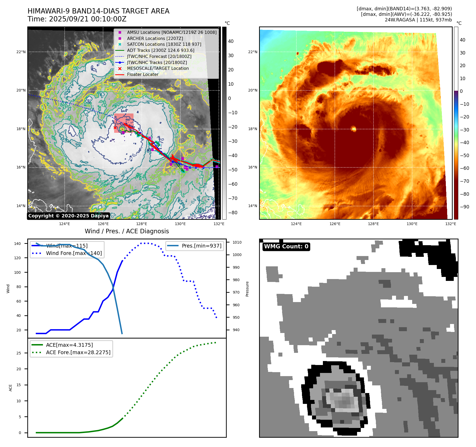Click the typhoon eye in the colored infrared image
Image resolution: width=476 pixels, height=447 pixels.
point(354,129)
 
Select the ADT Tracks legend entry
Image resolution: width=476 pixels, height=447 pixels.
point(161,50)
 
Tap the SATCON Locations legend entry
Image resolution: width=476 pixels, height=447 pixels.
point(164,44)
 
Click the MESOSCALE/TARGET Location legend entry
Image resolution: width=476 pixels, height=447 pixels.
point(158,68)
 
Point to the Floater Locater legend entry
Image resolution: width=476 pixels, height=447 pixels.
point(143,74)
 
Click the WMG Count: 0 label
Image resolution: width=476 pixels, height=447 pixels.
point(286,247)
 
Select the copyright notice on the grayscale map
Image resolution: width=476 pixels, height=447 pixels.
point(68,216)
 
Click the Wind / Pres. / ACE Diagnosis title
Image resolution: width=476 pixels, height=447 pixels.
point(127,231)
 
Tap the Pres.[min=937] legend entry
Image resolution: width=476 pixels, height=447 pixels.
point(201,246)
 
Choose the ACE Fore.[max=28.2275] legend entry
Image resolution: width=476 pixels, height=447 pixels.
point(78,352)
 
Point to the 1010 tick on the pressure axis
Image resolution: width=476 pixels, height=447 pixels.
point(237,242)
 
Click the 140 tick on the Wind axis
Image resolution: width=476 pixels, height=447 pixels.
point(17,244)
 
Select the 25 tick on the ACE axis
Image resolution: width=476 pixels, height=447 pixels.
point(19,353)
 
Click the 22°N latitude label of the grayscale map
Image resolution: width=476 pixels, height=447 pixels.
point(21,52)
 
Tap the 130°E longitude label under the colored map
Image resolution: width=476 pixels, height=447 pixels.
point(412,224)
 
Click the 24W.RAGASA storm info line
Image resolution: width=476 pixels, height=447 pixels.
point(418,20)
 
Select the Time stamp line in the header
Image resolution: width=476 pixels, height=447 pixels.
point(77,19)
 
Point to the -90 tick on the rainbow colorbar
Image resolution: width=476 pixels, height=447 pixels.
point(464,207)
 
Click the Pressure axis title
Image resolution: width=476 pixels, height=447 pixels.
point(247,289)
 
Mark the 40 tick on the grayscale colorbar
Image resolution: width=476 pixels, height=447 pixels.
point(231,41)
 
